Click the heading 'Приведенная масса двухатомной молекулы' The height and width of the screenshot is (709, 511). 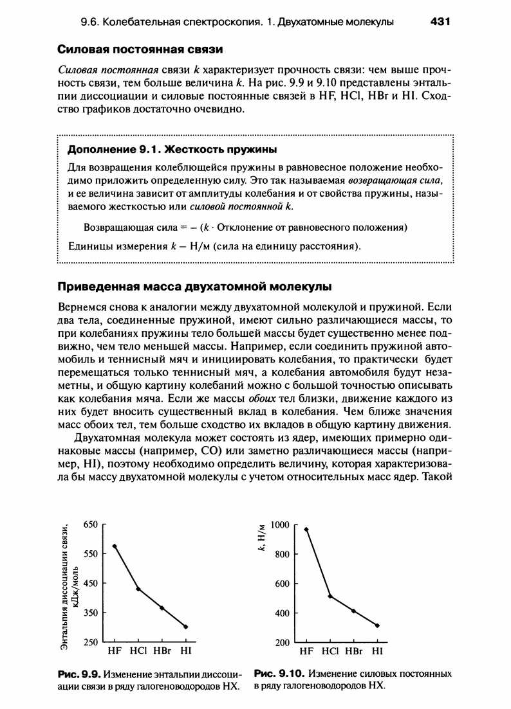[195, 286]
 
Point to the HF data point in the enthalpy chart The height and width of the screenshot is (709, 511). [115, 546]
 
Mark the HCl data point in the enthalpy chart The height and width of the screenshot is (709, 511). [138, 589]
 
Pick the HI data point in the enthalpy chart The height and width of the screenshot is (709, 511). [186, 627]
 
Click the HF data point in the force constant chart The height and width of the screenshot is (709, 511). [306, 529]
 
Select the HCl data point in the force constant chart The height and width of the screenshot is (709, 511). [330, 597]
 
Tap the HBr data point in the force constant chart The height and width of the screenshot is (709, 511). [353, 611]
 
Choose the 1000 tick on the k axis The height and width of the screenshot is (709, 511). [280, 525]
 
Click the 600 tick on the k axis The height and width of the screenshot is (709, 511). [283, 584]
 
